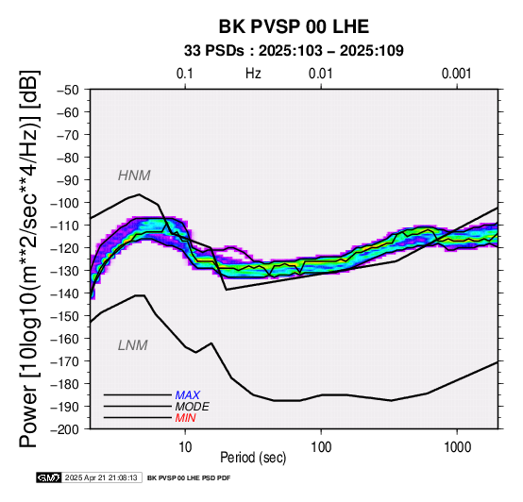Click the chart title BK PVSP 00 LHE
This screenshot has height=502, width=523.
(x=294, y=26)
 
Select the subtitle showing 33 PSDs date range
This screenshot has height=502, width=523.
(x=294, y=51)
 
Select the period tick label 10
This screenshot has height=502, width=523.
(x=185, y=447)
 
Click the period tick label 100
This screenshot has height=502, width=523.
(x=321, y=447)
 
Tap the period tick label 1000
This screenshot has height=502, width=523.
(x=457, y=447)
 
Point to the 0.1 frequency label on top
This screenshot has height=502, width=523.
(x=185, y=74)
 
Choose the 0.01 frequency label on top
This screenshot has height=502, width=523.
(x=321, y=74)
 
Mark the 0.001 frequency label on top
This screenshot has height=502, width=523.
(x=457, y=74)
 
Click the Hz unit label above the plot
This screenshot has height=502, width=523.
(x=253, y=74)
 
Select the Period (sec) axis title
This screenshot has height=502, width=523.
(x=253, y=458)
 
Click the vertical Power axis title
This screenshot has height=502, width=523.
(x=28, y=259)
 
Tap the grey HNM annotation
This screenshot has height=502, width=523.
(x=134, y=176)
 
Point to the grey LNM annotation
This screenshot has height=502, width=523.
(x=133, y=345)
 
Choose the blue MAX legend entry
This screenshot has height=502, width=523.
(x=188, y=395)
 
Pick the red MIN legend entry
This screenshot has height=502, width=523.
(x=185, y=418)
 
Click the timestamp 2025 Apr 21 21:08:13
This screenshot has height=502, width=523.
(x=101, y=478)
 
